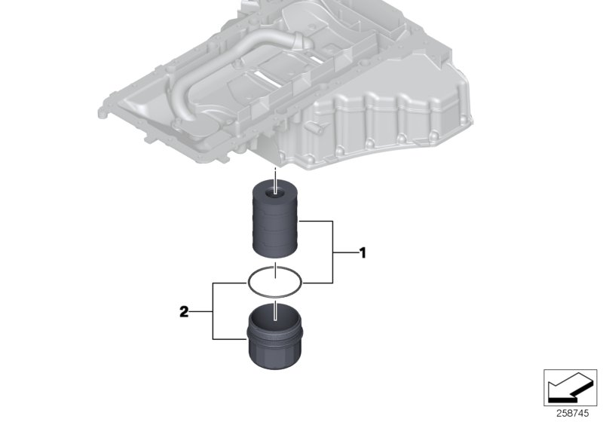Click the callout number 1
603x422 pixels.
[363, 253]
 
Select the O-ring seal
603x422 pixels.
[276, 282]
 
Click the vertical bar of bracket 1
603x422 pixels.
[332, 252]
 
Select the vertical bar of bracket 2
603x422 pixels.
[214, 310]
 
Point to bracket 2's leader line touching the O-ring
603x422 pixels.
[231, 282]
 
